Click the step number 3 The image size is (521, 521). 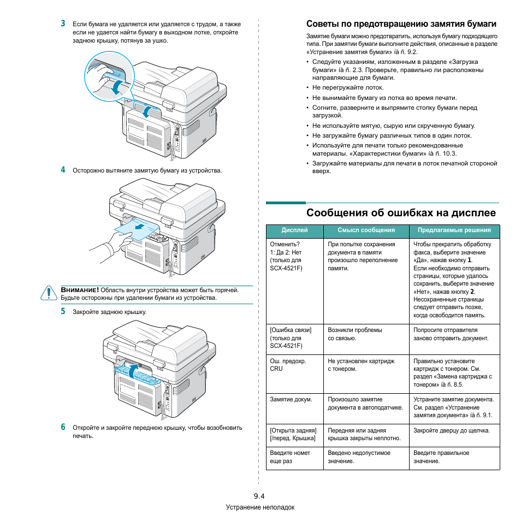click(x=63, y=23)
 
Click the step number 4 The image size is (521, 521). click(x=63, y=170)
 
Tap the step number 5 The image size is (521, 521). click(x=63, y=311)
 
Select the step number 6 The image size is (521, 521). click(x=63, y=427)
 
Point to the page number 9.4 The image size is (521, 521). click(x=259, y=496)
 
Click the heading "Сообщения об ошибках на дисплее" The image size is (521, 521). click(x=401, y=212)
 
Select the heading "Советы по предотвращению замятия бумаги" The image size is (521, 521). click(x=401, y=24)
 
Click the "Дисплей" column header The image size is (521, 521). click(x=294, y=230)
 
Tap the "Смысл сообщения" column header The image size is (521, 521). click(x=366, y=230)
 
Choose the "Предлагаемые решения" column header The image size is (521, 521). click(x=454, y=230)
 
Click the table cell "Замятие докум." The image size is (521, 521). click(x=291, y=400)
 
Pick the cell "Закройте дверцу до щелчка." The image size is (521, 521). click(x=451, y=430)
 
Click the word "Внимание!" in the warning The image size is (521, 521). click(x=80, y=290)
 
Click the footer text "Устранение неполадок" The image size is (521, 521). click(x=260, y=507)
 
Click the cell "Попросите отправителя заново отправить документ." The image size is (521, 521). click(x=451, y=334)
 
